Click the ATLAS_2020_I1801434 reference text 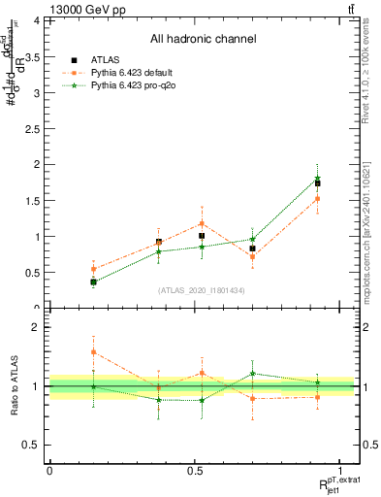pyautogui.click(x=202, y=290)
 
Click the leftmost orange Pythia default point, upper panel pyautogui.click(x=93, y=269)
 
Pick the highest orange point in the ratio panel pyautogui.click(x=93, y=352)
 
